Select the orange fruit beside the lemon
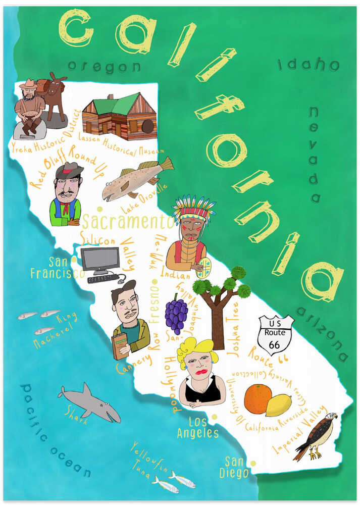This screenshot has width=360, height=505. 258,398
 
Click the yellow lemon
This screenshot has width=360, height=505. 279,405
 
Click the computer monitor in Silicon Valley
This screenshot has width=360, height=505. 100,260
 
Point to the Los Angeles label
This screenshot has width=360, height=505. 197,428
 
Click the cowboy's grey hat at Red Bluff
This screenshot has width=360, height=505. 69,169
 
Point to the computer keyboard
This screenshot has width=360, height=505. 103,278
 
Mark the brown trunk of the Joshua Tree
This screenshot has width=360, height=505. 218,323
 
